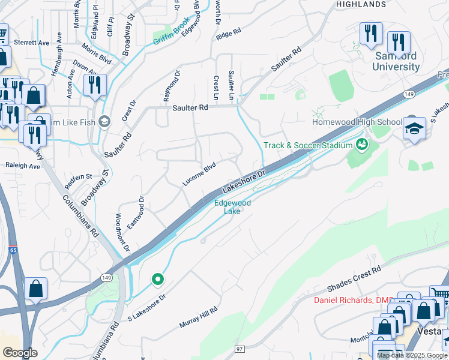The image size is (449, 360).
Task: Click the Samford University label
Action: coord(396,61)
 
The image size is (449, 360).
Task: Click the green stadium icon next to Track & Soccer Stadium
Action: coord(361,144)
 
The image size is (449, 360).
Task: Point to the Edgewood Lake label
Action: coord(233,207)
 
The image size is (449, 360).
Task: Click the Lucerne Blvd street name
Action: coord(199,175)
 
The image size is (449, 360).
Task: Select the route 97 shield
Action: coord(240,349)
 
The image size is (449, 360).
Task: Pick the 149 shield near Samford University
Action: coord(410,94)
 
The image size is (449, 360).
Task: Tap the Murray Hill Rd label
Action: coord(198,317)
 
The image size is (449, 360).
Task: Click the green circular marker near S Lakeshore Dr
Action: coord(158,279)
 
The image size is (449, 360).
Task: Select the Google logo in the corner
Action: coord(20,352)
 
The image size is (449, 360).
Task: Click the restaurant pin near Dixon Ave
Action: coord(95,85)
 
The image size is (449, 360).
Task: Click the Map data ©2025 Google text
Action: coord(412,355)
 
